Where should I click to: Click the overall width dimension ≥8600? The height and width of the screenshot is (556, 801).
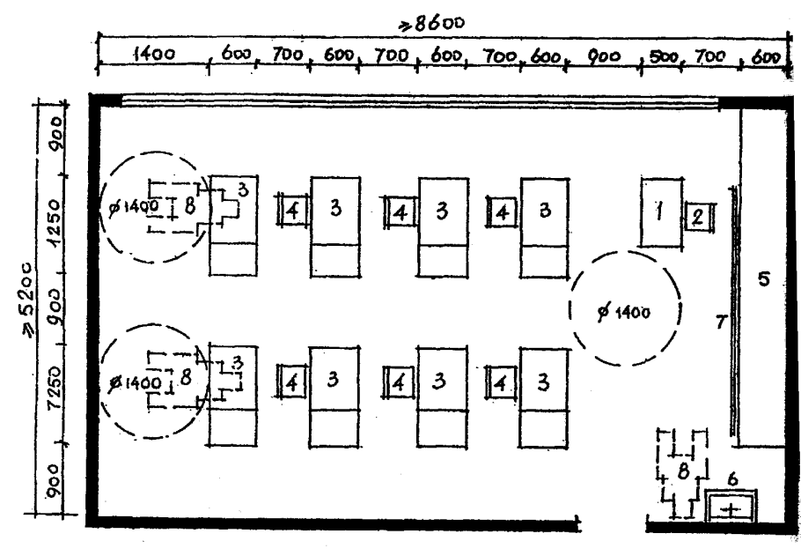click(432, 24)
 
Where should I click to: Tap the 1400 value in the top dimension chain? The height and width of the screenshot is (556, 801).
click(154, 54)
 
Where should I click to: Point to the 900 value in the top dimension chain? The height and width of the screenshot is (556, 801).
click(603, 56)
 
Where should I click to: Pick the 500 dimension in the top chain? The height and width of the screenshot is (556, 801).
click(664, 57)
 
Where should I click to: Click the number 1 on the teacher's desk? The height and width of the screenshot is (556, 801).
click(660, 211)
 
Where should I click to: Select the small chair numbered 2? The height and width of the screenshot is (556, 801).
click(698, 217)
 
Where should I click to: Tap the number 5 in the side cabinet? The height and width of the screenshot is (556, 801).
click(764, 279)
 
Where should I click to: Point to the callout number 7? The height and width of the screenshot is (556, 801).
click(721, 322)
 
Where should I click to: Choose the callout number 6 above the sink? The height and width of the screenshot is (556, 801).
click(732, 479)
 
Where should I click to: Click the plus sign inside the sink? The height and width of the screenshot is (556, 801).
click(731, 510)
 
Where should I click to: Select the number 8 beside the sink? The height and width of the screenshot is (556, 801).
click(684, 471)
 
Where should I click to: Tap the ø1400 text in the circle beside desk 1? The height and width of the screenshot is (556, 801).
click(624, 311)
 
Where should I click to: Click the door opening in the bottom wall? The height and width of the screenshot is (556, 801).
click(614, 523)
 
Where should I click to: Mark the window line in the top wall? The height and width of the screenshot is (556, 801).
click(420, 103)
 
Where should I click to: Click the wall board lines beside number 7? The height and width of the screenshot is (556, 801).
click(734, 313)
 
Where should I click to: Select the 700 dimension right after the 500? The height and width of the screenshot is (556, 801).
click(709, 56)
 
